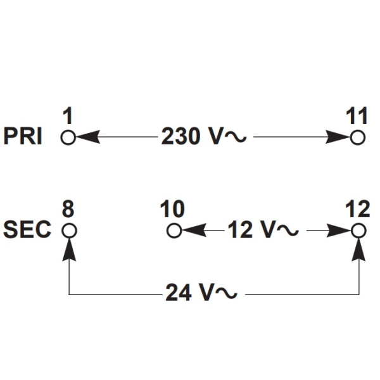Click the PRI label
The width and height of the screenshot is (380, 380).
[x=23, y=136]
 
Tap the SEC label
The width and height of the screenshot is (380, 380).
[x=27, y=229]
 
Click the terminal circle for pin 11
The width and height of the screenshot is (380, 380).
[x=350, y=137]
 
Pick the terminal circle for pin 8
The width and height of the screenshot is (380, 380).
[x=62, y=231]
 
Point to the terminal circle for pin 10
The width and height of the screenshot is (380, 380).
[x=167, y=231]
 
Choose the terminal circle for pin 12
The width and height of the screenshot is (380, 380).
[x=351, y=231]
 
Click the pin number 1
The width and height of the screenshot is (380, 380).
[x=68, y=116]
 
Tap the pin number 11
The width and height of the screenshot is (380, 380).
[x=357, y=116]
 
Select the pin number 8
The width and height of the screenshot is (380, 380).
[x=68, y=209]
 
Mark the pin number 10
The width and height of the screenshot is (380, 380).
[x=172, y=209]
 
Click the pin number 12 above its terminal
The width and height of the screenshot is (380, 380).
[x=358, y=209]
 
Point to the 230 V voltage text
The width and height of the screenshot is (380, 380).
[x=204, y=136]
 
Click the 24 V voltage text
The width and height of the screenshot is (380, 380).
[x=201, y=293]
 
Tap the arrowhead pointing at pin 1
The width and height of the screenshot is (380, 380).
[x=88, y=137]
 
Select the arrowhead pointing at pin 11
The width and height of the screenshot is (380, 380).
[x=338, y=137]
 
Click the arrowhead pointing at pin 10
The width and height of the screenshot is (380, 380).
[x=194, y=231]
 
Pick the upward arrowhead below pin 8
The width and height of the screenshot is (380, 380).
[x=69, y=250]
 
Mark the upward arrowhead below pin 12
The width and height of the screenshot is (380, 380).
[x=358, y=250]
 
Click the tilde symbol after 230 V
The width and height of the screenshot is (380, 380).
[x=236, y=137]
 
